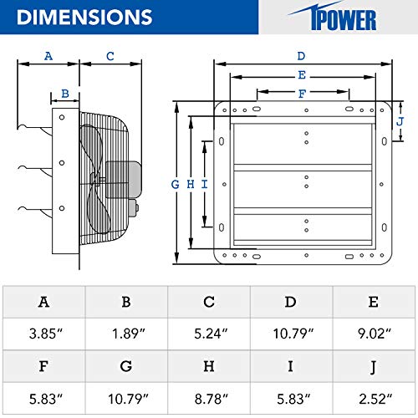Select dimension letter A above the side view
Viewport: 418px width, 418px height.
[x=48, y=56]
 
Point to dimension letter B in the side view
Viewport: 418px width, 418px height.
[x=64, y=94]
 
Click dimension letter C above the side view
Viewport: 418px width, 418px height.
[x=110, y=56]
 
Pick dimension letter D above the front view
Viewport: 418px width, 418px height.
[x=301, y=56]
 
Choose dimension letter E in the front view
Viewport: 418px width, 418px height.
[x=301, y=74]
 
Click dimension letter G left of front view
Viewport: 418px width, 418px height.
[x=175, y=184]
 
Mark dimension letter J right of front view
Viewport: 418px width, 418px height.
[x=400, y=121]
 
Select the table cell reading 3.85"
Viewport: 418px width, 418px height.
[x=43, y=334]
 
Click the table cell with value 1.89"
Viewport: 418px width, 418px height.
[x=126, y=334]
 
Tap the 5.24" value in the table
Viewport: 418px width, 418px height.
[x=209, y=334]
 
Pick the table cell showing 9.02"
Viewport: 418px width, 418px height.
[x=375, y=334]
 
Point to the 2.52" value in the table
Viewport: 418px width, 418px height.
[x=375, y=398]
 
